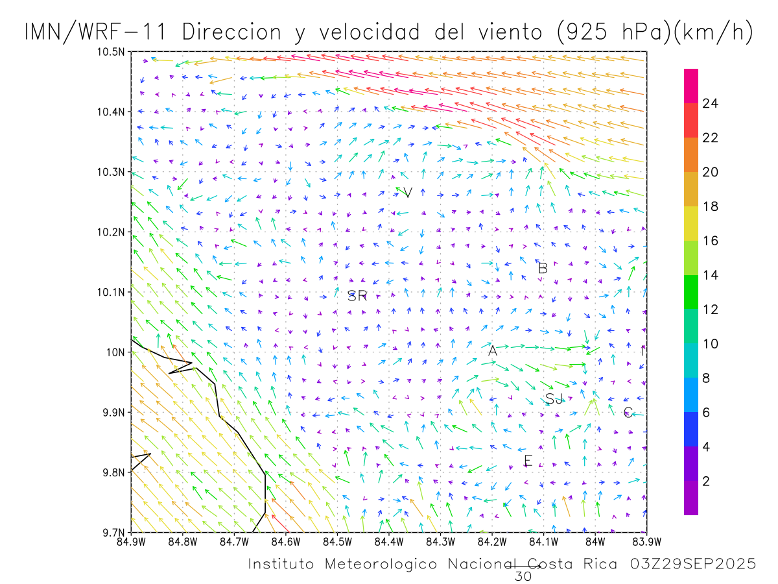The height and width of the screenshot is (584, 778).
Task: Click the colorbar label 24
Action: pos(710,103)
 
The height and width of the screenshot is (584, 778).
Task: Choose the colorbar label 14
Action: pos(710,275)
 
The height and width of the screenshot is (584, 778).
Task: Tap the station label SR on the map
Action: pos(357,297)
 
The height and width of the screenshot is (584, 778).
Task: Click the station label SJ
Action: pos(554,398)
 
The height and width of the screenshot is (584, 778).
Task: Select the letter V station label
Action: pos(408,193)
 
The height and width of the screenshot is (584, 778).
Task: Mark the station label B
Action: pos(543,268)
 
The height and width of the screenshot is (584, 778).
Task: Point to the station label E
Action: pos(528,461)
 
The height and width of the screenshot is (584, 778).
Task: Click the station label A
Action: pos(492,351)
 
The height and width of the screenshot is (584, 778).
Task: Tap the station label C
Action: pos(628,413)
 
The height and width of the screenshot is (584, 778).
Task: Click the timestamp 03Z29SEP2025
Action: pos(692,565)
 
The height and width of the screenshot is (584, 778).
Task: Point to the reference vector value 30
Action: pos(522,576)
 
